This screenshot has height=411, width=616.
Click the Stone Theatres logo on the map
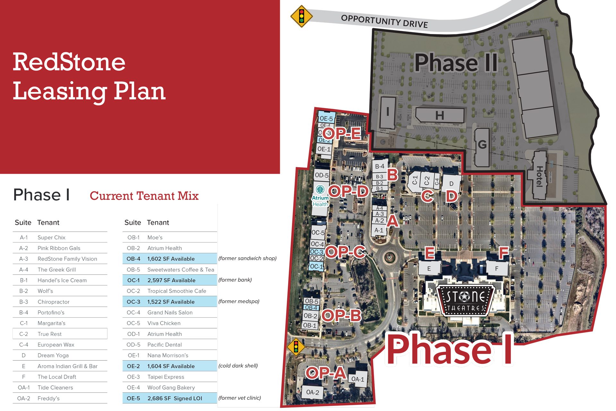466,301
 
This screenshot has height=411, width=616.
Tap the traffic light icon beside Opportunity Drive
301,16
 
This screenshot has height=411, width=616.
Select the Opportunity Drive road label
384,21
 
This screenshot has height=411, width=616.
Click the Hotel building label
540,176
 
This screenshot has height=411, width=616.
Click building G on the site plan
482,145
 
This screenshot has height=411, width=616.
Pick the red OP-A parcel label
326,373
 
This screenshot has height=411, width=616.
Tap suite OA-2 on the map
312,392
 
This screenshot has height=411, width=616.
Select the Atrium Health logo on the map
320,196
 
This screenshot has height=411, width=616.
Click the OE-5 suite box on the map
326,118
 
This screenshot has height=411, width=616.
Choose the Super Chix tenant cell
51,237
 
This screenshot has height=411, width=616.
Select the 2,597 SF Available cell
171,280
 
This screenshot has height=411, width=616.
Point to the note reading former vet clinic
240,398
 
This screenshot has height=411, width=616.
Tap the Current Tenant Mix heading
144,196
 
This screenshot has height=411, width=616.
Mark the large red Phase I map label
449,350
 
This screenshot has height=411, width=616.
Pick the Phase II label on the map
456,63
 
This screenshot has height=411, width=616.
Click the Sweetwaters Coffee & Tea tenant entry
181,270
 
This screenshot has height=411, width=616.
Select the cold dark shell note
238,366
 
